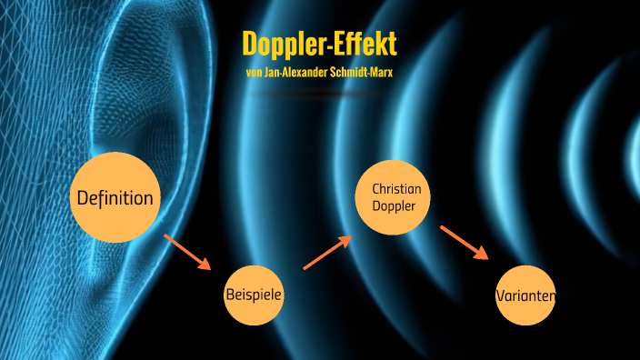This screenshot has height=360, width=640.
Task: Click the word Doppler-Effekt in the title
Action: tap(319, 44)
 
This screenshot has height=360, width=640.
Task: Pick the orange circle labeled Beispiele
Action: tap(254, 295)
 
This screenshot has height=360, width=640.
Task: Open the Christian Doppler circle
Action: tap(392, 196)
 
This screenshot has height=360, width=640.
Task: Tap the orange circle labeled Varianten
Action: tap(525, 295)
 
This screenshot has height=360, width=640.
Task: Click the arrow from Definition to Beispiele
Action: tap(187, 252)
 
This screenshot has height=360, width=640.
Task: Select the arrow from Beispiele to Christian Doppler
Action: tap(326, 253)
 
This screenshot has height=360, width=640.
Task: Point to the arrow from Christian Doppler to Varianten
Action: tap(465, 243)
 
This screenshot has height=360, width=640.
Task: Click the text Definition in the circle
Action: tap(115, 198)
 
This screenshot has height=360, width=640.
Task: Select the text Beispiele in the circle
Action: tap(254, 295)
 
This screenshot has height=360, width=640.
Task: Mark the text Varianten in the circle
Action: tap(525, 295)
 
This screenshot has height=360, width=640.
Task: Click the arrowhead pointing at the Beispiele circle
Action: tap(205, 265)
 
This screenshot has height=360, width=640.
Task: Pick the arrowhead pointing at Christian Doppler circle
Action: tap(345, 240)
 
